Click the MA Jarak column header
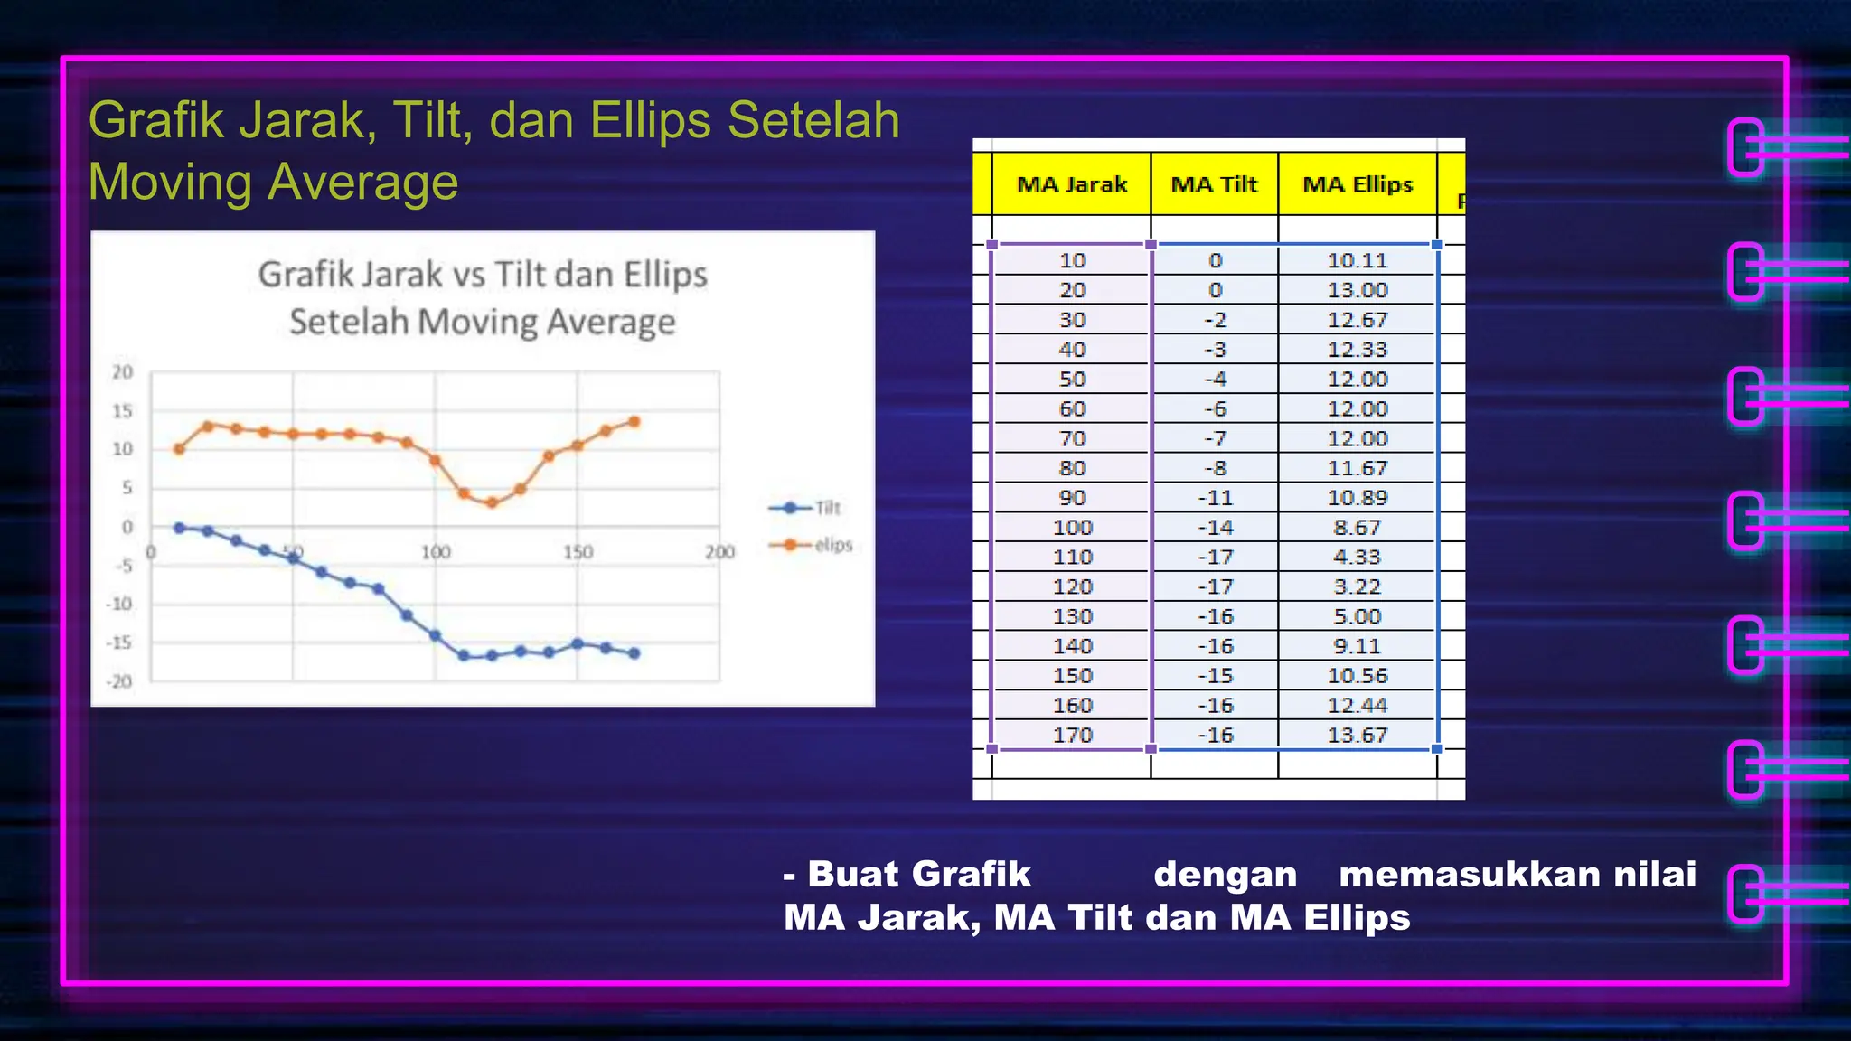[1072, 184]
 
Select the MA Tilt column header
[1214, 184]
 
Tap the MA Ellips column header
[1358, 184]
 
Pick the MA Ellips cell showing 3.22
[1358, 586]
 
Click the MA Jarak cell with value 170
[1072, 736]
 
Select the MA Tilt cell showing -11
[1216, 498]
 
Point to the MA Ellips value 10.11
[1358, 260]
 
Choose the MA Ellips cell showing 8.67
[1358, 528]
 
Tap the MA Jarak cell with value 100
[1072, 528]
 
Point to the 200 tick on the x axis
[719, 552]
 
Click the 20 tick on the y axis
[122, 372]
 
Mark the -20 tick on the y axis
[120, 681]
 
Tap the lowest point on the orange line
[492, 502]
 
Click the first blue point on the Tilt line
[179, 528]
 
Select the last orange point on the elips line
[634, 422]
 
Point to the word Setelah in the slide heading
[813, 120]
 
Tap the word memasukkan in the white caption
[1458, 875]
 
